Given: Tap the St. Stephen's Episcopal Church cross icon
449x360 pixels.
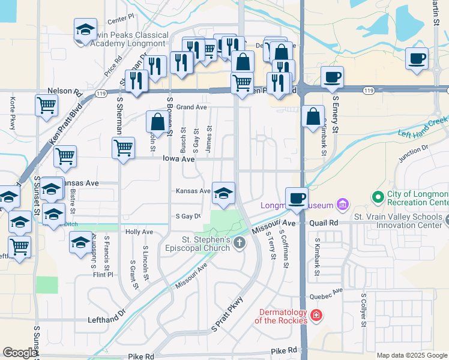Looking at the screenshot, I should (x=240, y=243).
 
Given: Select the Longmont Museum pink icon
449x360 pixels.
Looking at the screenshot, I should (x=342, y=205).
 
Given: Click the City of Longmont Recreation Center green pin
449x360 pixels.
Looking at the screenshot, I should (x=378, y=196).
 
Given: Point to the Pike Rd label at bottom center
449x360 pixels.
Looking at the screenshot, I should (x=284, y=350).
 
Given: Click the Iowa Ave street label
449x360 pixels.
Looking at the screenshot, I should (x=179, y=159).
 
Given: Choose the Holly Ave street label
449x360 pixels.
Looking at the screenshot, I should (x=139, y=232).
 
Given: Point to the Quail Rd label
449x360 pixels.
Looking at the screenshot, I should (x=325, y=223).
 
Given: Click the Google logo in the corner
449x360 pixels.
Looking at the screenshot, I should (x=20, y=353).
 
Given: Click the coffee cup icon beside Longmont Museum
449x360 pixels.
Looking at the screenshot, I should (x=296, y=198).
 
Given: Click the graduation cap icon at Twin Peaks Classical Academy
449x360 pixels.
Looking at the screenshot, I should (x=86, y=29).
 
